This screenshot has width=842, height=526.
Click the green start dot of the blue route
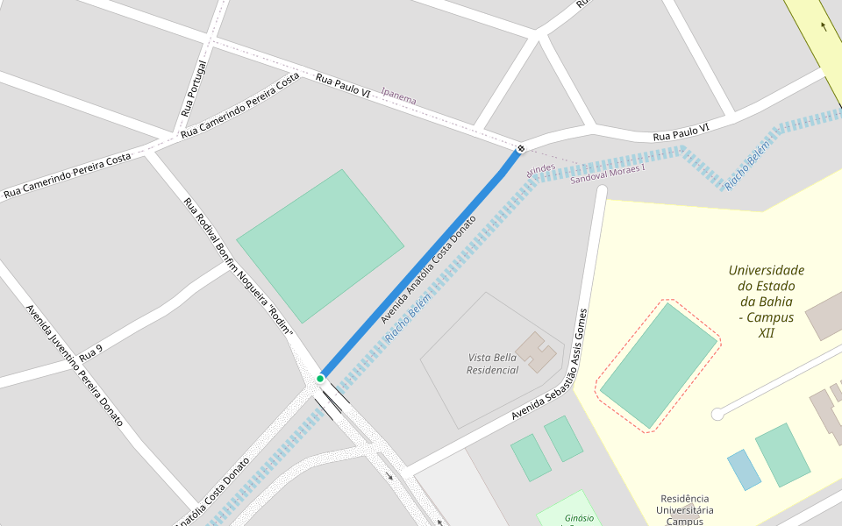click(320, 378)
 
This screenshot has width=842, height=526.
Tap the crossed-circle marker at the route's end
click(521, 148)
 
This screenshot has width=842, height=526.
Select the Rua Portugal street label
click(195, 89)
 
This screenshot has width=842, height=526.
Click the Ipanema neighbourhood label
click(399, 96)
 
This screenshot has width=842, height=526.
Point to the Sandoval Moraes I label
click(607, 174)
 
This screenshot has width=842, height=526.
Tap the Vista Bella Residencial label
click(493, 363)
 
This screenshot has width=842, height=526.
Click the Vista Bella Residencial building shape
click(535, 352)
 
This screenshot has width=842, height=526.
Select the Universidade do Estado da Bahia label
click(766, 302)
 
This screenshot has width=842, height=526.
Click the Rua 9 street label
click(91, 353)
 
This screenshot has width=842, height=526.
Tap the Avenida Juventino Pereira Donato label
click(75, 366)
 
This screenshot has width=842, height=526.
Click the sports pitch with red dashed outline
click(658, 366)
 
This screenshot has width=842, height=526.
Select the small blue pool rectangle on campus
click(744, 470)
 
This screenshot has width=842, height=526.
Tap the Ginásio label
click(579, 518)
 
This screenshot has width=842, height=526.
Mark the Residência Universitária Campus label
click(686, 509)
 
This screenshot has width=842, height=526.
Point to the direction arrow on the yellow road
click(824, 26)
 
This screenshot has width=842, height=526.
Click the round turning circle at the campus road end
click(717, 413)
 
